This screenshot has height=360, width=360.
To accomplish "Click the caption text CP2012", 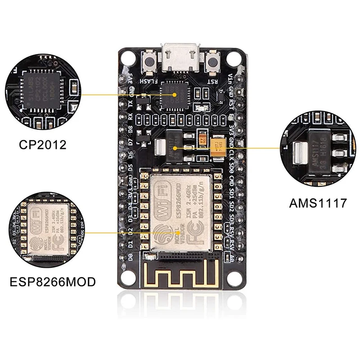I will pos(43,145).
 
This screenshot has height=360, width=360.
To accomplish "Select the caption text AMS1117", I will pos(318,203).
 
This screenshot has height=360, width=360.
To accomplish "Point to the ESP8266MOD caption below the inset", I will pos(53,282).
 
